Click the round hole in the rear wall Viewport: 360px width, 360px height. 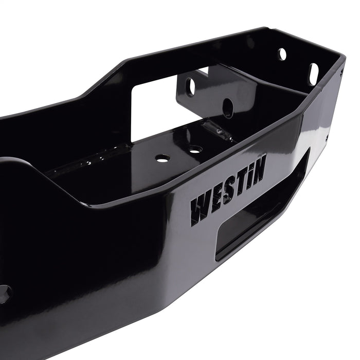coord(282,53)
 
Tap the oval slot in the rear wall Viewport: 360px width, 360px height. coord(313,74)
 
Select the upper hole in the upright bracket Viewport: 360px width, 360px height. coord(191,86)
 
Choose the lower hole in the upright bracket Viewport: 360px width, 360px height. coord(227,109)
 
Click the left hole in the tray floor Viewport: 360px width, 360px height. coord(163,158)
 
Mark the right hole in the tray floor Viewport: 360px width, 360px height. coord(195,150)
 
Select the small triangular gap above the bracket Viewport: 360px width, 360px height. coord(203,71)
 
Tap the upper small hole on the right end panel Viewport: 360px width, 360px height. coord(340,74)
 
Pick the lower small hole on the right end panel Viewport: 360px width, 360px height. coord(328,137)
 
